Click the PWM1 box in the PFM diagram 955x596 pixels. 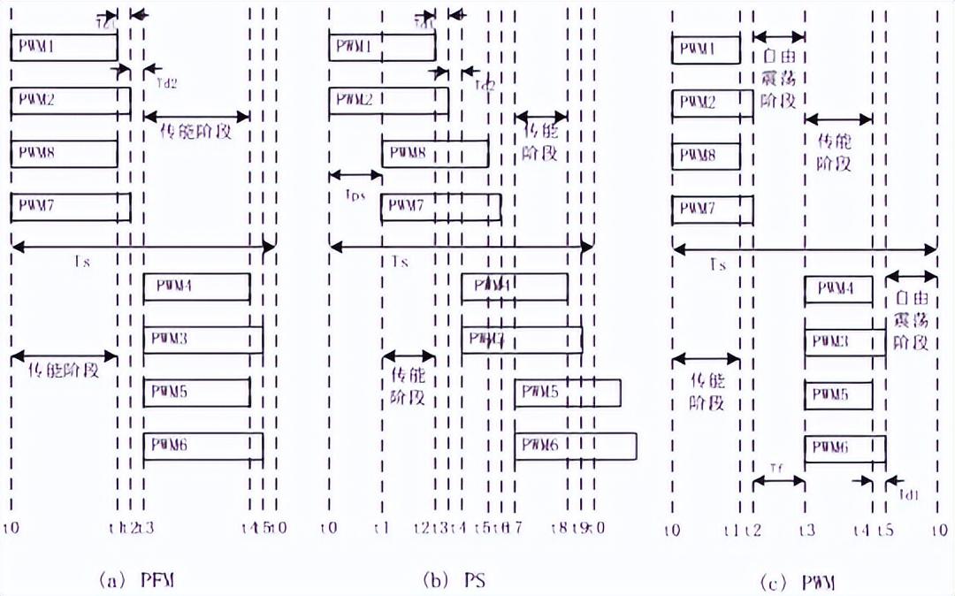tap(64, 47)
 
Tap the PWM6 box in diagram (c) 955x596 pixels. tap(844, 448)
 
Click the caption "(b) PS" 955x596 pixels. tap(454, 580)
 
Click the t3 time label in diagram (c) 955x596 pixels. tap(806, 530)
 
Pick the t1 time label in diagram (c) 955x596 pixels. tap(730, 530)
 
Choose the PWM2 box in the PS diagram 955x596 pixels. tap(388, 101)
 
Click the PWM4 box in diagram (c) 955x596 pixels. tap(838, 288)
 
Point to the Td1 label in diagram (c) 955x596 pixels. tap(910, 495)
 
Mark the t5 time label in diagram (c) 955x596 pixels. tap(887, 530)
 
